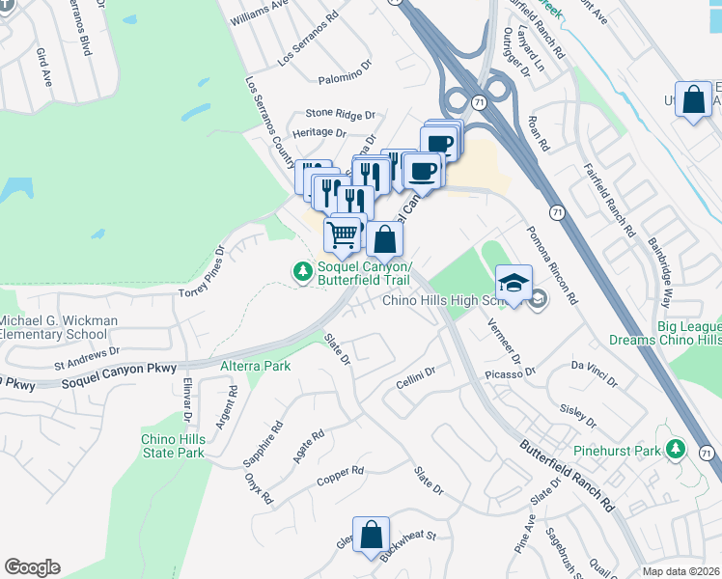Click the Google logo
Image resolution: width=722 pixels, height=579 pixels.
tap(32, 567)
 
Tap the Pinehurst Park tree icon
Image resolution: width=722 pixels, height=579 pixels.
tap(677, 451)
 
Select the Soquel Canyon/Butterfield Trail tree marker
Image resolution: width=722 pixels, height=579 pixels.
tap(303, 273)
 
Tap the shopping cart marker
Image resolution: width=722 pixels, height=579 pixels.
tap(343, 234)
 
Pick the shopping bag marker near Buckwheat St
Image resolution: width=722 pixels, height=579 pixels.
tap(371, 536)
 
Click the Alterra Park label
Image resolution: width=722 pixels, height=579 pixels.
tap(255, 367)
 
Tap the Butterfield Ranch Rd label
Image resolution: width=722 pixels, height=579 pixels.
tap(568, 477)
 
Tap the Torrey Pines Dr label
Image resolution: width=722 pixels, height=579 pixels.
tap(202, 271)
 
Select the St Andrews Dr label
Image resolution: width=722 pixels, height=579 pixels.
tap(86, 358)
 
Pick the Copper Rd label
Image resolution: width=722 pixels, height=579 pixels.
tap(341, 475)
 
